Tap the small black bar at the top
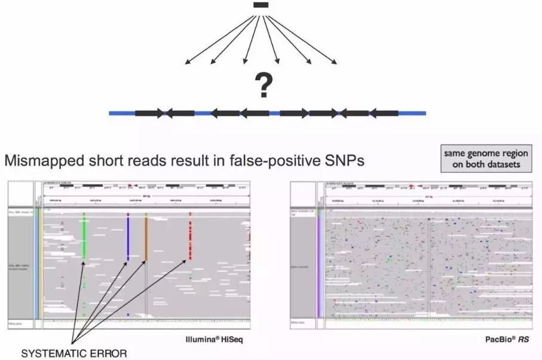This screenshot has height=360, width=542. pyautogui.click(x=260, y=5)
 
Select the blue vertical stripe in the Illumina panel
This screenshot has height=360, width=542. pyautogui.click(x=127, y=237)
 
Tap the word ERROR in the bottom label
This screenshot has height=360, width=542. pyautogui.click(x=108, y=353)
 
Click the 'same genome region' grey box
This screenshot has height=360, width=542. pyautogui.click(x=486, y=158)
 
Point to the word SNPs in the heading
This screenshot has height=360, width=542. pyautogui.click(x=344, y=161)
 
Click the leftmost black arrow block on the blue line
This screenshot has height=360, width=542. pyautogui.click(x=149, y=112)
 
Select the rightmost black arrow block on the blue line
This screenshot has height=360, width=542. pyautogui.click(x=384, y=112)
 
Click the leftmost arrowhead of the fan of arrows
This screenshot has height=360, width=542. pyautogui.click(x=187, y=62)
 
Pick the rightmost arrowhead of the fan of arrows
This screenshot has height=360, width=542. pyautogui.click(x=336, y=62)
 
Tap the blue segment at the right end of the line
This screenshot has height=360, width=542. pyautogui.click(x=412, y=112)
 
